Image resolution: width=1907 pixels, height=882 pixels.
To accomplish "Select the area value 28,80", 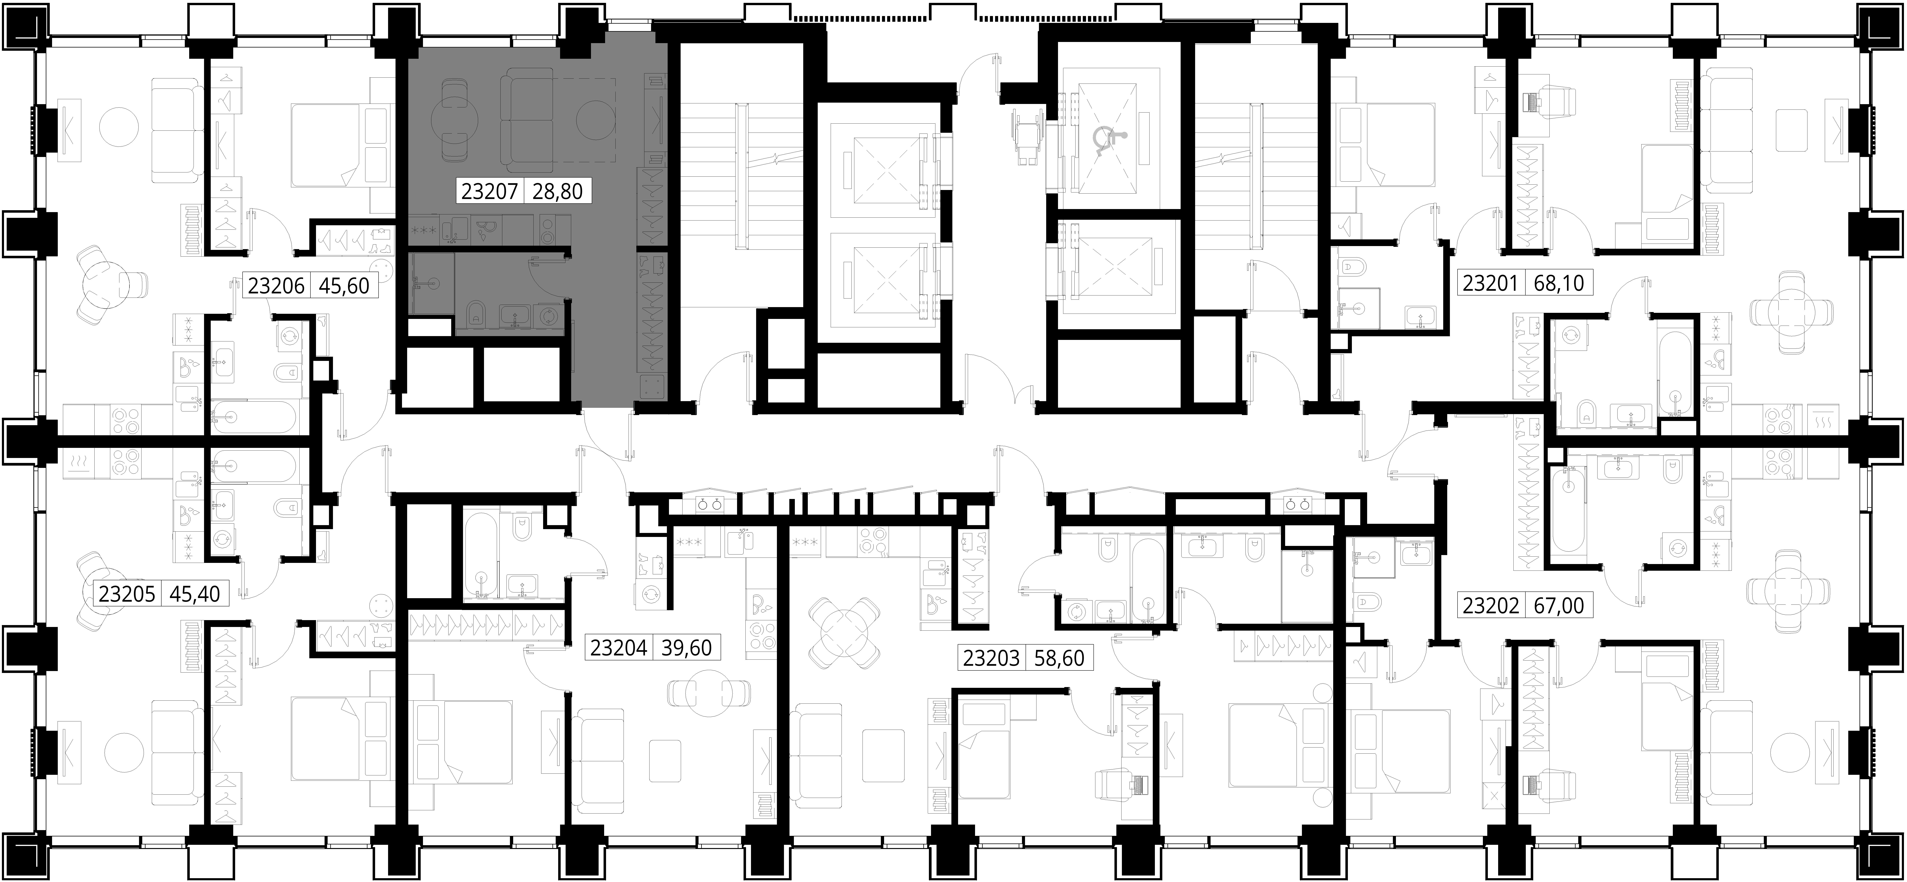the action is (x=557, y=191).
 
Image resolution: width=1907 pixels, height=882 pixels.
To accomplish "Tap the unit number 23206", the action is (x=276, y=285).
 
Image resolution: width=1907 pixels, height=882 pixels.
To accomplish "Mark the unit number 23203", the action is (x=990, y=658).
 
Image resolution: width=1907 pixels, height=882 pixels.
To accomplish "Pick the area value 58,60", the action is (x=1059, y=658).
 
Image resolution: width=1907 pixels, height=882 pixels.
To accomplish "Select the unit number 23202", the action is (x=1491, y=606).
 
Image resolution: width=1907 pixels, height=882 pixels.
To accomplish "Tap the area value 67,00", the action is (x=1558, y=606).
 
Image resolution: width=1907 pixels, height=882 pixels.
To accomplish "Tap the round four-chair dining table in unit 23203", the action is (x=844, y=632).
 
